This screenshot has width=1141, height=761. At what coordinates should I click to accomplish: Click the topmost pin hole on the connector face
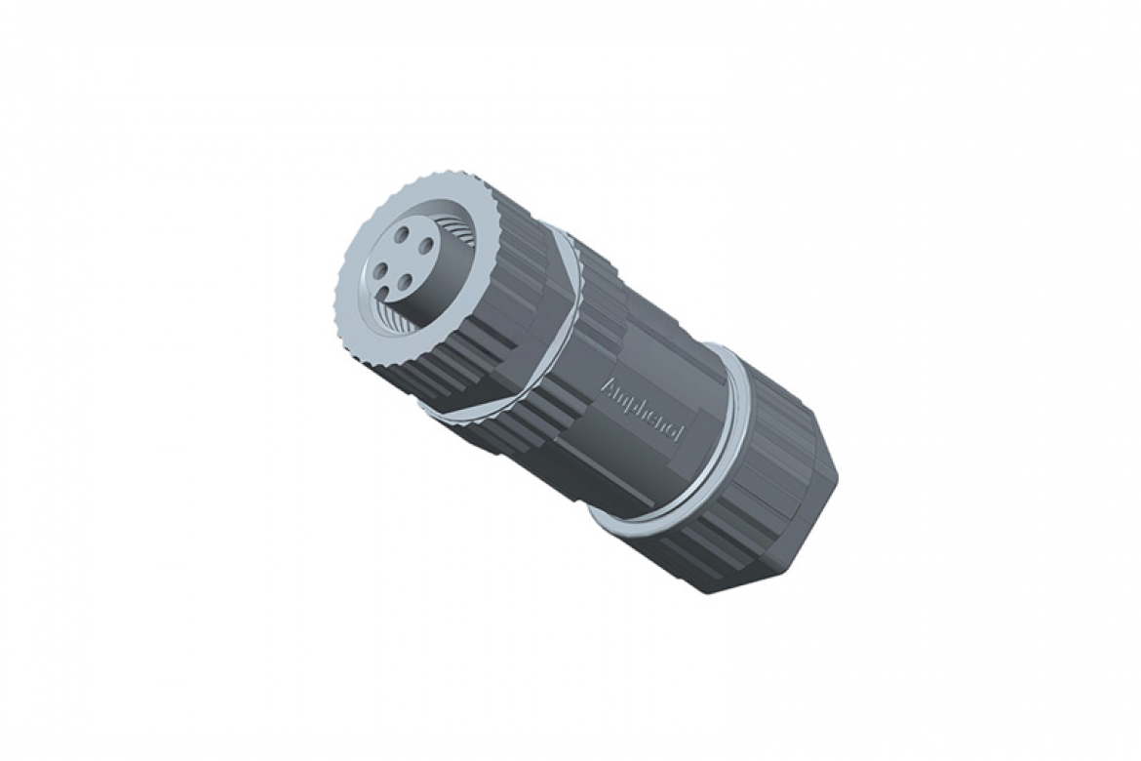click(403, 235)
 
